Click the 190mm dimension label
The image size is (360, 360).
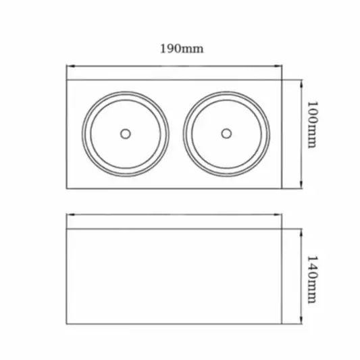point(182,49)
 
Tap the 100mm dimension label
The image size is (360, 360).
point(313,124)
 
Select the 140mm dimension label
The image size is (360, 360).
point(313,279)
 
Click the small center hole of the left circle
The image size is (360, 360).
point(126,134)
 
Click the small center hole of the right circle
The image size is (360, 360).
point(226,134)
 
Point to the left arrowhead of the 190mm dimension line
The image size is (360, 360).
point(70,66)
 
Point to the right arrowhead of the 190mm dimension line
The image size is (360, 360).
point(278,66)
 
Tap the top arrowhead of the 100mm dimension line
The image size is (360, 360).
point(301,84)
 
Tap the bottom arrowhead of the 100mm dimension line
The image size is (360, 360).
point(301,184)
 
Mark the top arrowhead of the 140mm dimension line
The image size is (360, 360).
point(301,233)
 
